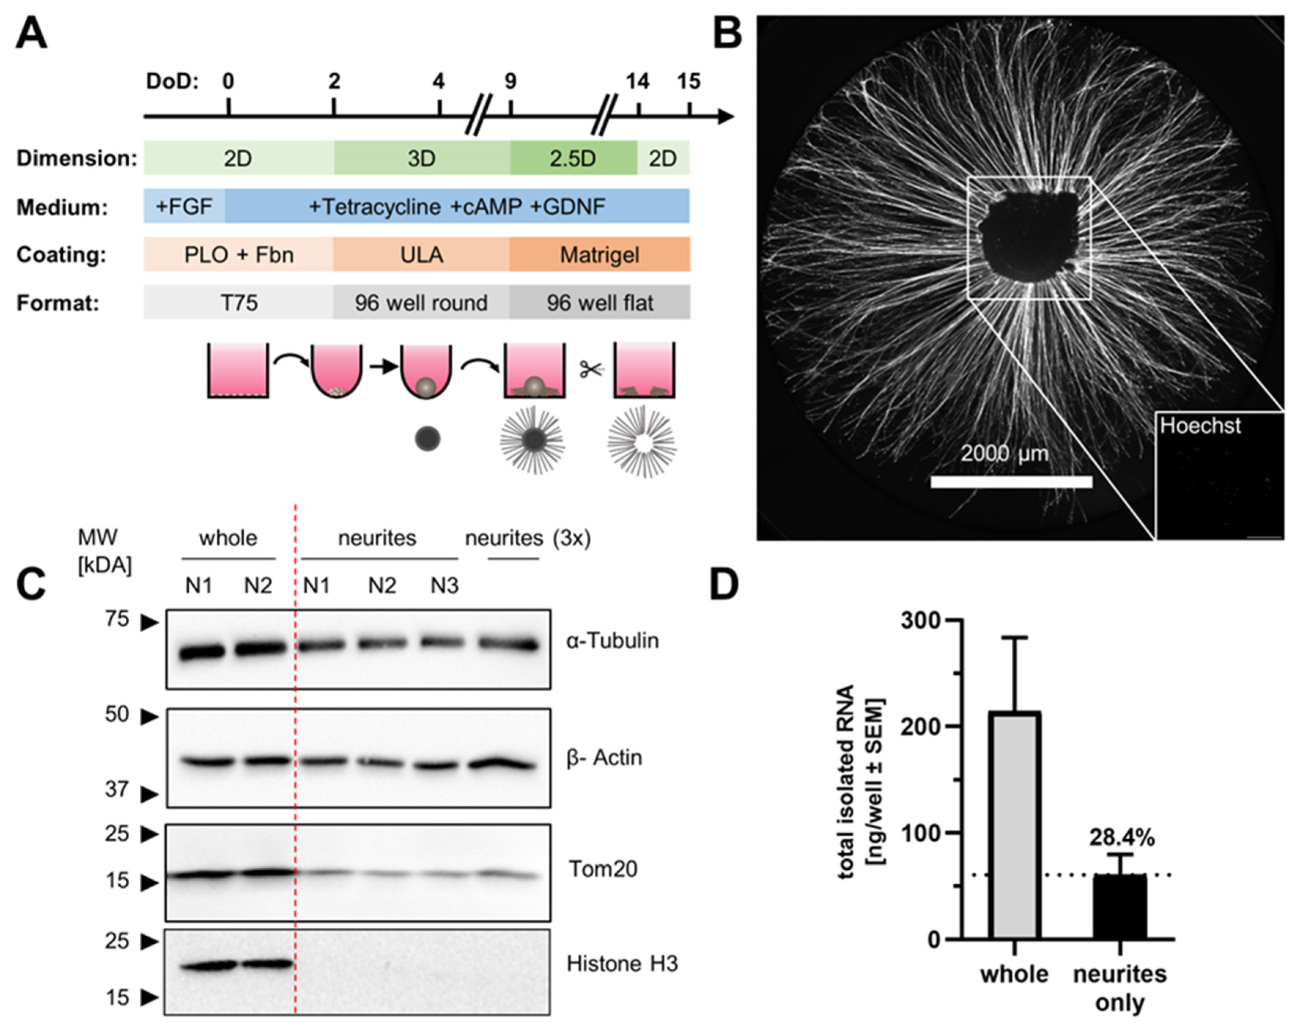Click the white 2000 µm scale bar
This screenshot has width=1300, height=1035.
1011,481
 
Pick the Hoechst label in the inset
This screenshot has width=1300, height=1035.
1200,426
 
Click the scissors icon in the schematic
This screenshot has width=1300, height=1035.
591,369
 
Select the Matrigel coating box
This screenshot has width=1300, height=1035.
599,254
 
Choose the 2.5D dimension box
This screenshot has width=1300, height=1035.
573,158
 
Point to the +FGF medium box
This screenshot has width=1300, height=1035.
184,207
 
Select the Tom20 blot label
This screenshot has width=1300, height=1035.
603,869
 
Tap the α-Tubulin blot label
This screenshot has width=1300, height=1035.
612,641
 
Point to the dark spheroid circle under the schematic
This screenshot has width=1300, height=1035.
428,439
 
